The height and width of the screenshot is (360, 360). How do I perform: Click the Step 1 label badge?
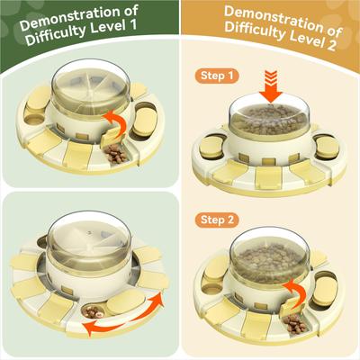[x=217, y=76]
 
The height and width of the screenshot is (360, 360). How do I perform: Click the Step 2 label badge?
[x=217, y=220]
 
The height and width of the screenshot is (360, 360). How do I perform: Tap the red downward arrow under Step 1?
[x=271, y=86]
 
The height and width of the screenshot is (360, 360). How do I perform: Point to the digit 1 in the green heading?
[x=132, y=24]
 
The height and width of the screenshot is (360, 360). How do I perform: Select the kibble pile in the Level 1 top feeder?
[x=115, y=154]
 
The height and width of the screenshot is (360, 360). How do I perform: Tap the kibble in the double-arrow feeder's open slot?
[x=93, y=312]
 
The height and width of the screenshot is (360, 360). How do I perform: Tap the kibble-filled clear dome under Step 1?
[x=269, y=119]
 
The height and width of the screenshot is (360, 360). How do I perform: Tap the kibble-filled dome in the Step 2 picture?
[x=269, y=259]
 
